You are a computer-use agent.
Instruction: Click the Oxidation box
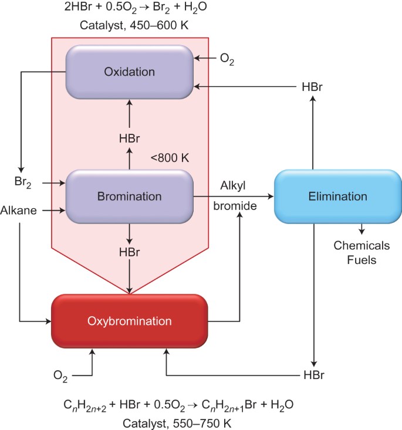point(129,72)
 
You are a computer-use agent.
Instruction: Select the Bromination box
point(129,197)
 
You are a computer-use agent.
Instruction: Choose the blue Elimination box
point(337,197)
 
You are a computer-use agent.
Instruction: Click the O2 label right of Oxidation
point(227,59)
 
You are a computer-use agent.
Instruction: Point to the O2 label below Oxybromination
point(60,374)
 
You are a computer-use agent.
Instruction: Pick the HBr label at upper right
point(312,87)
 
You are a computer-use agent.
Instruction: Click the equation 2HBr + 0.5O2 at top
point(129,9)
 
